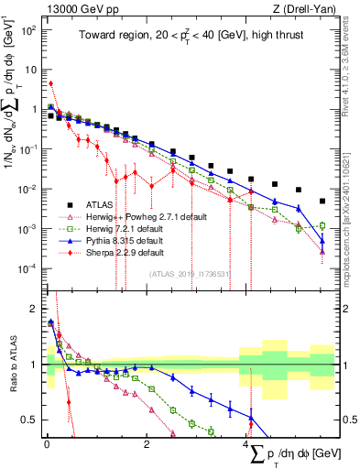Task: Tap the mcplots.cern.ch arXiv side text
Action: (x=354, y=211)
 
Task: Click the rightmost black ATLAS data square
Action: (x=322, y=201)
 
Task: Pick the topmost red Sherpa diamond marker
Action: (x=51, y=83)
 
